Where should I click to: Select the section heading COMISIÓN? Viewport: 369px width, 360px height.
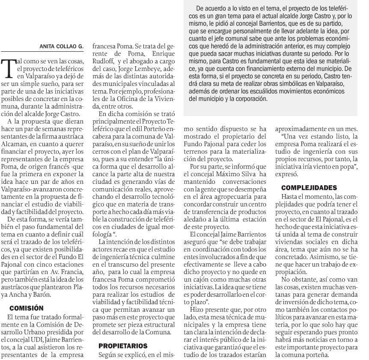tap(27, 307)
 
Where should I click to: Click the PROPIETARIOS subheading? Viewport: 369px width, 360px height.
tap(123, 345)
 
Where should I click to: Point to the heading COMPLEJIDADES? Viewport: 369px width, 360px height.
tap(309, 188)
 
